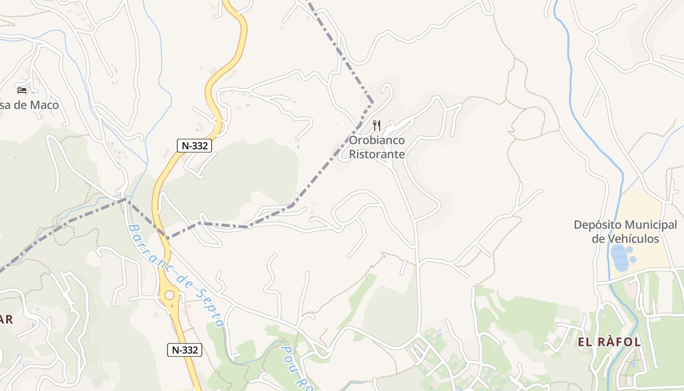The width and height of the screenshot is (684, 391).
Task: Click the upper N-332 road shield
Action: coord(194,145)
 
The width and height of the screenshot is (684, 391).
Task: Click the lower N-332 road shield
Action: coord(185,349)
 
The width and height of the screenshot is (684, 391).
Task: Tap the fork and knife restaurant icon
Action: coord(376,126)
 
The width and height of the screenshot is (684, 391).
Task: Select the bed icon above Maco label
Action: coord(22,90)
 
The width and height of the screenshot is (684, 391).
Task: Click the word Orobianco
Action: coord(377,140)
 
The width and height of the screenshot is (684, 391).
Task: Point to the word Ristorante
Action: coord(377,154)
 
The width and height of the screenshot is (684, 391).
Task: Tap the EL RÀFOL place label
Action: coord(609,342)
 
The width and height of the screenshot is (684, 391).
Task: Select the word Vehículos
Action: coord(634,239)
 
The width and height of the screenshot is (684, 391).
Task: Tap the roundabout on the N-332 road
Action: coord(170,295)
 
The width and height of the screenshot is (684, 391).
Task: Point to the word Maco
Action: coord(44,105)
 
